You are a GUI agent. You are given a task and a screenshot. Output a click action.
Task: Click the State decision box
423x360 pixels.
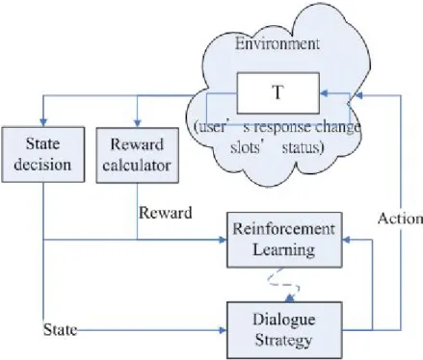coord(43,155)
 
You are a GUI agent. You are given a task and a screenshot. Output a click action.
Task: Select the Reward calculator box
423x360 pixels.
coord(138,155)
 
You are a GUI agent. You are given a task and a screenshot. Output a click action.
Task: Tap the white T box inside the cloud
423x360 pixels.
coord(278,93)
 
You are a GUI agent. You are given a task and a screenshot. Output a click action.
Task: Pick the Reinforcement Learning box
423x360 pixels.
coord(284,240)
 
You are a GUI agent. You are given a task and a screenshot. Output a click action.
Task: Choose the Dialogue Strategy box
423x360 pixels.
coord(284,330)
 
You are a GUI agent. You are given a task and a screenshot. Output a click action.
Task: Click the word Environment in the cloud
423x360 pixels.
coord(278,43)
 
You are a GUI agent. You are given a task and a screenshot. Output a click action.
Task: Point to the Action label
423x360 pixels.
coord(400,219)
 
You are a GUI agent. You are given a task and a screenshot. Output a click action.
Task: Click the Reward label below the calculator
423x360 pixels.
coord(166,213)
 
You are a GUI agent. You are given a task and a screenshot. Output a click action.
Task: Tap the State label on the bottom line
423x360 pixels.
coord(60,330)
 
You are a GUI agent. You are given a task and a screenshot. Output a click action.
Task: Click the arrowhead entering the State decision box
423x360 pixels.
coord(43,123)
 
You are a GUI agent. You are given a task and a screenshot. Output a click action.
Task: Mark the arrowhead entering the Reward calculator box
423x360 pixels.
coord(138,123)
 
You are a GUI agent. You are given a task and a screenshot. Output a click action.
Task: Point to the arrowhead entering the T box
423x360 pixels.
coord(324,93)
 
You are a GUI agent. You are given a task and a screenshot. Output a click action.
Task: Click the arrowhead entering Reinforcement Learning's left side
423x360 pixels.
coord(223,240)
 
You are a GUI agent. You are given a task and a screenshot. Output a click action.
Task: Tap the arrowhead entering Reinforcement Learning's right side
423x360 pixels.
coord(347,240)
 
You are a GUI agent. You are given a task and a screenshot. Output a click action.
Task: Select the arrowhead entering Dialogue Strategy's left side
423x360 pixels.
coord(223,330)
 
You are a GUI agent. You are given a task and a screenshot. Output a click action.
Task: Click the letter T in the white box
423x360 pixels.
coord(278,92)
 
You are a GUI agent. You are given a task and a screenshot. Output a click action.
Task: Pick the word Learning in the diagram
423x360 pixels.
coord(284,250)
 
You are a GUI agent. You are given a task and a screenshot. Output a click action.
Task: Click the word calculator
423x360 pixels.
coord(137,166)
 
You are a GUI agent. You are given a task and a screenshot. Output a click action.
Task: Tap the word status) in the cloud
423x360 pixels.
coord(303,148)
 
